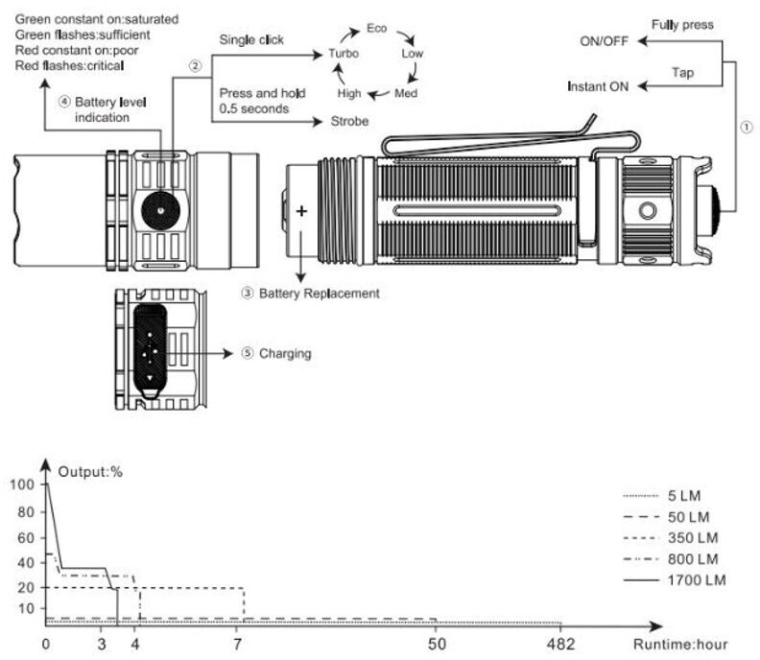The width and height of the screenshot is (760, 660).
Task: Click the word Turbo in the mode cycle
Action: click(344, 54)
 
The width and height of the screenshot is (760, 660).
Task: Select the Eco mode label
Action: click(376, 29)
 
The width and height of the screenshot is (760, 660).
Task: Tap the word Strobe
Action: click(349, 122)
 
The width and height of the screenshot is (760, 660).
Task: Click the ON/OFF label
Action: click(605, 42)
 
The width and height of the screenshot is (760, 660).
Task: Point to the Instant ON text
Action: click(598, 86)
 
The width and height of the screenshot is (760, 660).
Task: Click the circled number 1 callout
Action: click(747, 129)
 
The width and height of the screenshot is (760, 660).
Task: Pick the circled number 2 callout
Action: click(196, 66)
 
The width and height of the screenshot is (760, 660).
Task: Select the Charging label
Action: click(285, 354)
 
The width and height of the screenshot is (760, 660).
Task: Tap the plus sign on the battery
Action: click(303, 211)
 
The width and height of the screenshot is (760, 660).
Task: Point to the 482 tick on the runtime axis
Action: click(560, 643)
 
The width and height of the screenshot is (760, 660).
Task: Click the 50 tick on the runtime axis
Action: click(437, 643)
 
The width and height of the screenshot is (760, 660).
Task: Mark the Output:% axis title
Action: click(91, 471)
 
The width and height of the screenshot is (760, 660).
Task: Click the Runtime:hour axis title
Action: click(679, 643)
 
